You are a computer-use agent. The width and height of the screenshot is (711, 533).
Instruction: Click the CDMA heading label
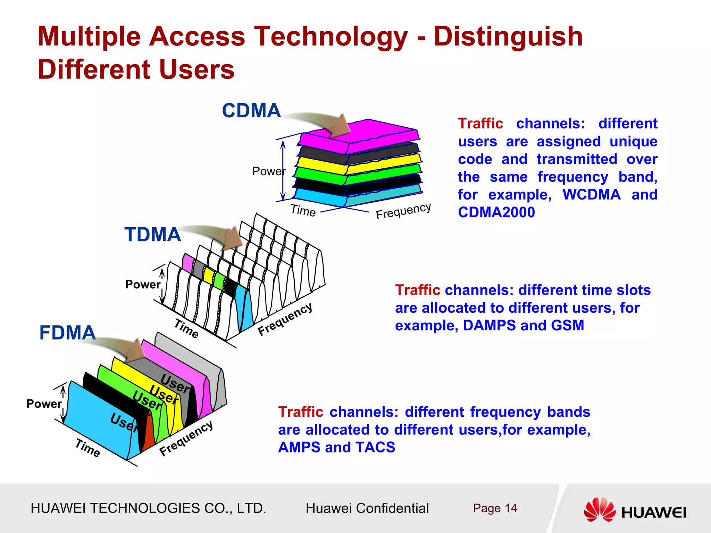pyautogui.click(x=251, y=111)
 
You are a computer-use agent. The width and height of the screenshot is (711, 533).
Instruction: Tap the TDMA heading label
pyautogui.click(x=153, y=235)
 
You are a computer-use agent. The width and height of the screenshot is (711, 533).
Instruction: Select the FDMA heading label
pyautogui.click(x=67, y=333)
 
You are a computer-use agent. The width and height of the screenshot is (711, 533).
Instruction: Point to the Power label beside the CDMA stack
pyautogui.click(x=268, y=171)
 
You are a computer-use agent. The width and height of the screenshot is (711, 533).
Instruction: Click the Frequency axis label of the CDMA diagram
pyautogui.click(x=403, y=211)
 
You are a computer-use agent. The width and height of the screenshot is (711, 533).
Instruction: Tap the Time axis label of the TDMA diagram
pyautogui.click(x=186, y=328)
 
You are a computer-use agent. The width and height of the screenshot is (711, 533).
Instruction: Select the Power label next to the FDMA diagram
pyautogui.click(x=44, y=404)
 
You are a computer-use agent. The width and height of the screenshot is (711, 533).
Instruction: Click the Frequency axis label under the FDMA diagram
pyautogui.click(x=186, y=438)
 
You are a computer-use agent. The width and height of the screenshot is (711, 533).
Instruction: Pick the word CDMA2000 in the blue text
pyautogui.click(x=496, y=212)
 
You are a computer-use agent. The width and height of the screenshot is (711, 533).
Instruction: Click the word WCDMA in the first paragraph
pyautogui.click(x=591, y=194)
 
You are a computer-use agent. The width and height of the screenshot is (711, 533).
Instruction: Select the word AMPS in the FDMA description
pyautogui.click(x=299, y=447)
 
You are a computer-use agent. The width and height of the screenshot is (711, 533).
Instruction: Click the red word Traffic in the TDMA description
pyautogui.click(x=417, y=290)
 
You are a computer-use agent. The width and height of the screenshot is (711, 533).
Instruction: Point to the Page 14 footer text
pyautogui.click(x=495, y=508)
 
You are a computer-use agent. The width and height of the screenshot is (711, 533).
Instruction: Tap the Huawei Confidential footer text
pyautogui.click(x=367, y=508)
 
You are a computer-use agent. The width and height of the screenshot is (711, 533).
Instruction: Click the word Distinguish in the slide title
pyautogui.click(x=508, y=37)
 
